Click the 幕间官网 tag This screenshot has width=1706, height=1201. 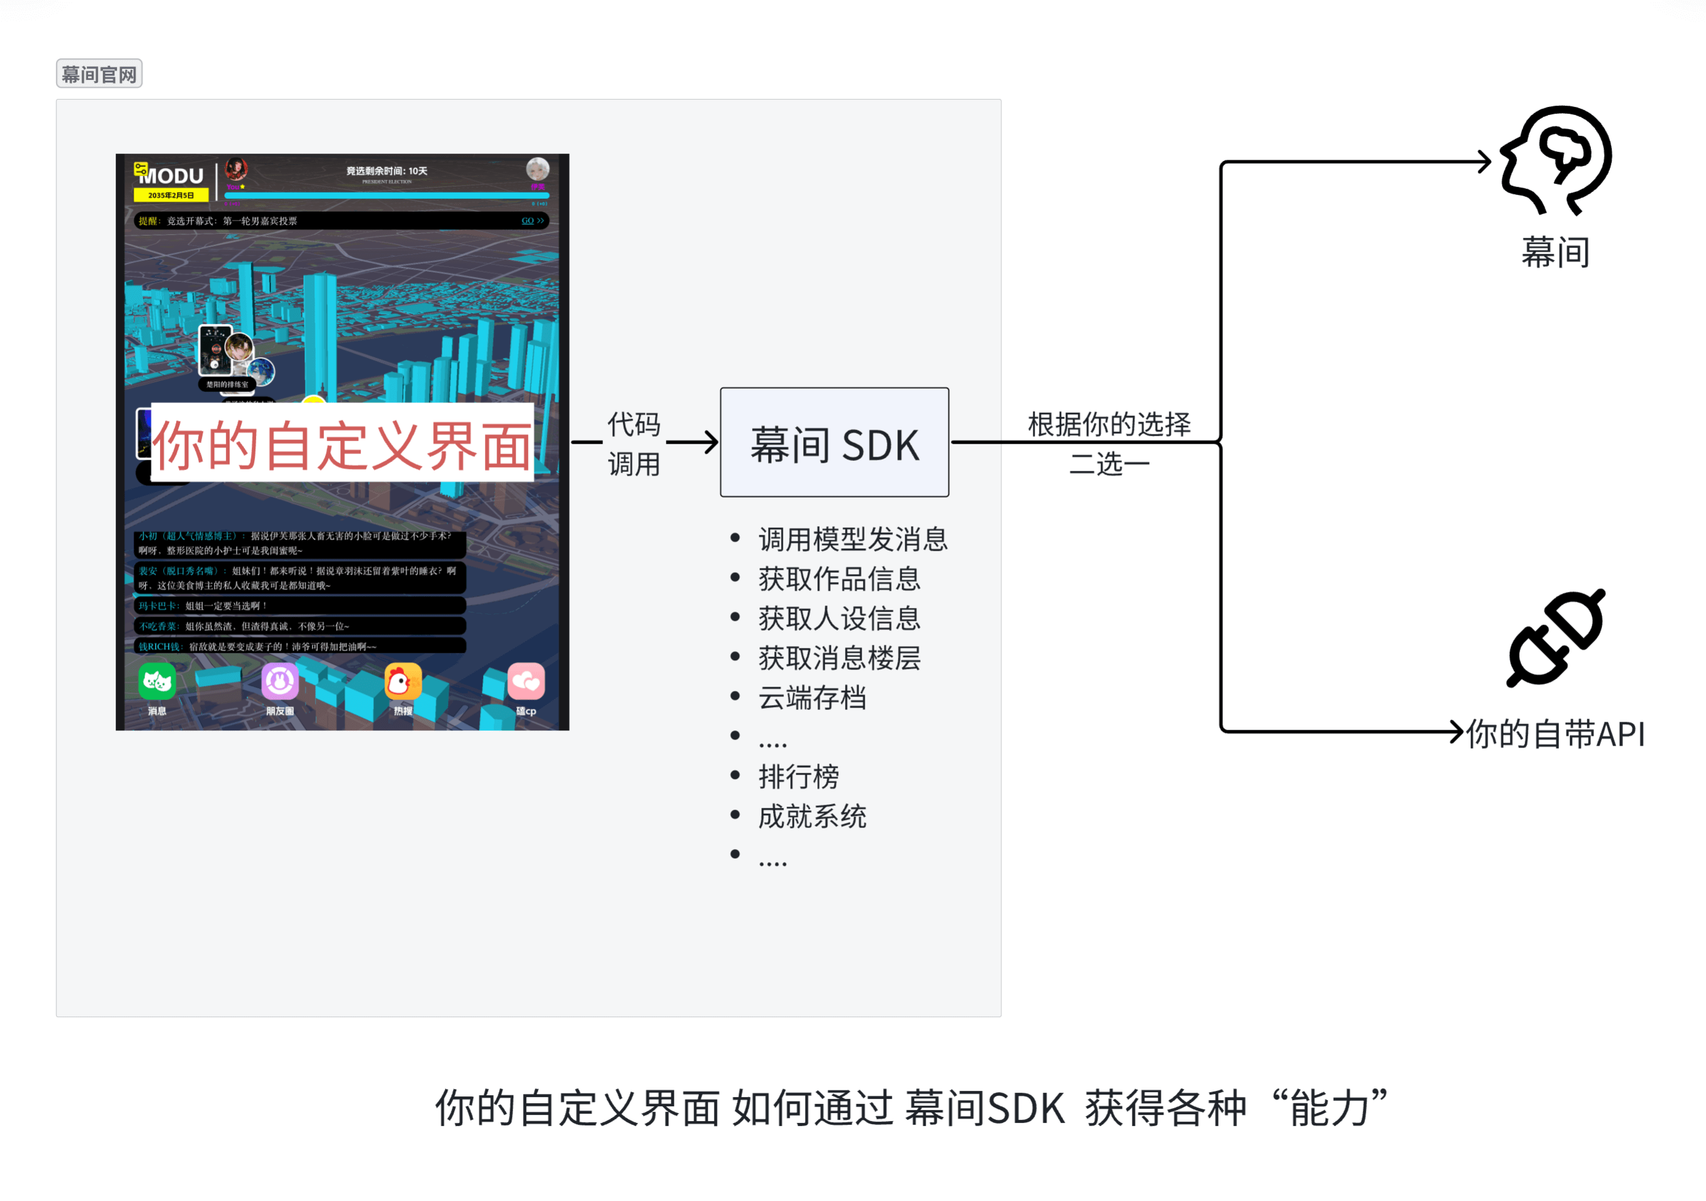pyautogui.click(x=99, y=74)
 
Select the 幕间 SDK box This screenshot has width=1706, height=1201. pyautogui.click(x=834, y=442)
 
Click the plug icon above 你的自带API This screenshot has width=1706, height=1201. pyautogui.click(x=1556, y=639)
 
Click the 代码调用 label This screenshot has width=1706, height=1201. pyautogui.click(x=634, y=444)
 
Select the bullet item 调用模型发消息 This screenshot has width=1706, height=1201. pyautogui.click(x=852, y=539)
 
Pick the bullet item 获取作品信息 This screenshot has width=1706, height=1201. pyautogui.click(x=839, y=578)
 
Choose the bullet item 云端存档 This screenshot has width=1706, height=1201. pyautogui.click(x=812, y=698)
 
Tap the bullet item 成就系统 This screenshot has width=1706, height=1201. pyautogui.click(x=812, y=816)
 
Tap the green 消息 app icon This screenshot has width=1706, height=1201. pyautogui.click(x=157, y=682)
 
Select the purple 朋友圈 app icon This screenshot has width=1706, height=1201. pyautogui.click(x=280, y=682)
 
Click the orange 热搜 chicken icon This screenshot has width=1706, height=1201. pyautogui.click(x=402, y=682)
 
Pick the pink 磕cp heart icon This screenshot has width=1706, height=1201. pyautogui.click(x=526, y=682)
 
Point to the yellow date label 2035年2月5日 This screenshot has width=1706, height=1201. pyautogui.click(x=171, y=195)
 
